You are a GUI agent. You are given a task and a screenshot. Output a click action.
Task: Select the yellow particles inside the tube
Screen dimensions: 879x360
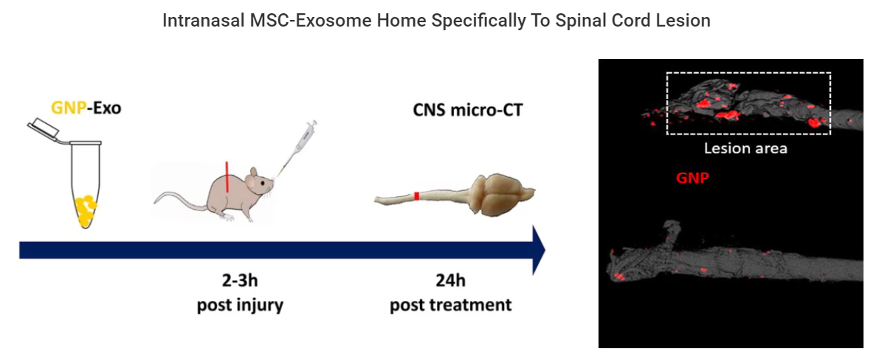[86, 210]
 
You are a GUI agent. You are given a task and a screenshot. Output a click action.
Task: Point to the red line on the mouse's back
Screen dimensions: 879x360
[227, 177]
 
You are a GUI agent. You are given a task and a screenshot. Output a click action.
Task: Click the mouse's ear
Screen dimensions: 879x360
[254, 173]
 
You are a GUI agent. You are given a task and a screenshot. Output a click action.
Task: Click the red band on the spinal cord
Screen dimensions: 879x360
[416, 195]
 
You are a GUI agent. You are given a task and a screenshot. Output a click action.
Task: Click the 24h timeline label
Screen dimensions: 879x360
[450, 280]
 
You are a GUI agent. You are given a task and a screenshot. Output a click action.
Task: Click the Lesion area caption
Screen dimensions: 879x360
[745, 148]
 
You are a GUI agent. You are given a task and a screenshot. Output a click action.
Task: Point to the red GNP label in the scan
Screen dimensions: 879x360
[692, 179]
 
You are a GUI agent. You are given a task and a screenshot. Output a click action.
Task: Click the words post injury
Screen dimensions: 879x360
[239, 305]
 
